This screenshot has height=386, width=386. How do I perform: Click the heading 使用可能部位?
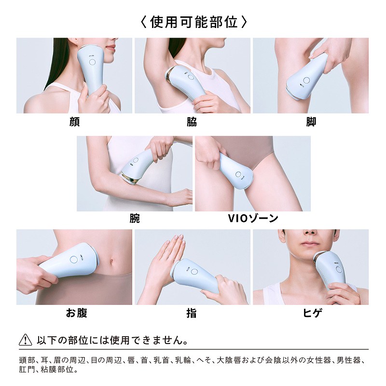[193, 22]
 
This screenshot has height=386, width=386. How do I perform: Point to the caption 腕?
[135, 219]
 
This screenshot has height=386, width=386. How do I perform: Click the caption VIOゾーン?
[253, 219]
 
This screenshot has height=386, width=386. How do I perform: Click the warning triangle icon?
[25, 340]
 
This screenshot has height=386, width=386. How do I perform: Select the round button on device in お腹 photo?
[74, 259]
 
